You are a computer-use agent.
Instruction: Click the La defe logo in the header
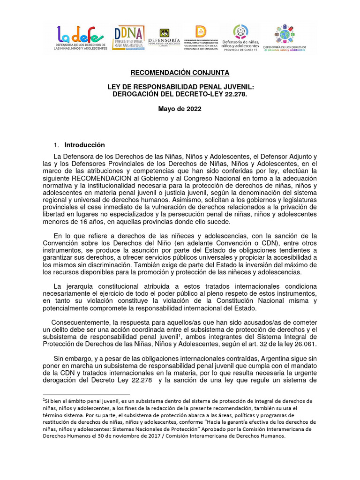(x=80, y=38)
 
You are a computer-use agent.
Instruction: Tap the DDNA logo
(x=129, y=39)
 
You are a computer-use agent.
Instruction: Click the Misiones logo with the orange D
(x=201, y=39)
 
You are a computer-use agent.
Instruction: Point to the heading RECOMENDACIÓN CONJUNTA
(x=180, y=73)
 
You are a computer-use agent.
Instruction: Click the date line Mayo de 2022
(x=180, y=109)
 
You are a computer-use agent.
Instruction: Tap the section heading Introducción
(x=85, y=145)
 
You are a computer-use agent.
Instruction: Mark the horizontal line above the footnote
(x=86, y=394)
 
